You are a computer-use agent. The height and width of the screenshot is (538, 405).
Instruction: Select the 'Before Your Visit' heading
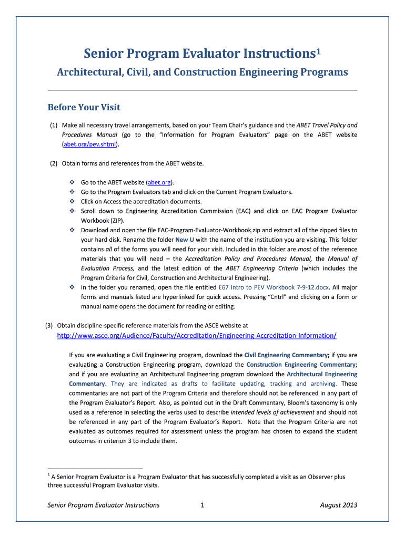84,107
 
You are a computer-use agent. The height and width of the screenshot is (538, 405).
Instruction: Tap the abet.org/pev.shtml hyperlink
89,144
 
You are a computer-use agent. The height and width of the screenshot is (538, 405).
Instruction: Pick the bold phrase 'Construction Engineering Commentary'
301,364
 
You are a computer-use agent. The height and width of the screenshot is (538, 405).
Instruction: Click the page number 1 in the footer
202,505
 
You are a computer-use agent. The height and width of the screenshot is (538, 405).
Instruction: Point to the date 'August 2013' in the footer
338,505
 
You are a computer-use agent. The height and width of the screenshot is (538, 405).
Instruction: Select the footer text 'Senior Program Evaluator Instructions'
104,505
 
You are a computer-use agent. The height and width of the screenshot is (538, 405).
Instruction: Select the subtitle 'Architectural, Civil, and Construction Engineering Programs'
202,72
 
